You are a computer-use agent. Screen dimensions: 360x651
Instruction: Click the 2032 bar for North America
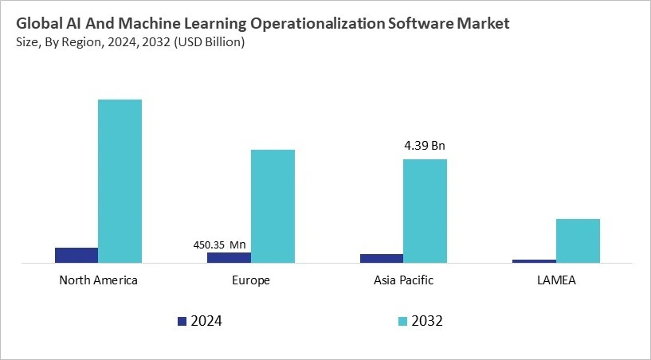tap(120, 181)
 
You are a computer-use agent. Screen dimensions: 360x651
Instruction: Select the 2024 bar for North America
tap(76, 255)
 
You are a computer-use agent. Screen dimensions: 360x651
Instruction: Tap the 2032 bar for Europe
tap(273, 205)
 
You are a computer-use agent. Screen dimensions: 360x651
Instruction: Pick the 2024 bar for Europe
tap(229, 257)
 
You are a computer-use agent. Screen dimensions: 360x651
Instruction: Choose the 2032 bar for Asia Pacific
tap(425, 210)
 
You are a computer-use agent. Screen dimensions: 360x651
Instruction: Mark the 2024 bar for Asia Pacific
tap(382, 258)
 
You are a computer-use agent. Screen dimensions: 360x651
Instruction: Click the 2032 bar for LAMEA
tap(578, 241)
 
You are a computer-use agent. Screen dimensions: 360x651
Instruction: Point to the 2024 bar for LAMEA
tap(534, 260)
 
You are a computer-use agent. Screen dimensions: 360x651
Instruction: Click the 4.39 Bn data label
tap(425, 146)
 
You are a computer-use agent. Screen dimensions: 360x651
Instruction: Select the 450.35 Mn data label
tap(220, 245)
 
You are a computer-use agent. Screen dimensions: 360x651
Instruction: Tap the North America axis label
tap(98, 280)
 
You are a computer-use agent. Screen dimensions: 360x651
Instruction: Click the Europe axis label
tap(251, 280)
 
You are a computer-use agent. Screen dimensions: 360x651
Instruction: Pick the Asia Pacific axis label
tap(403, 280)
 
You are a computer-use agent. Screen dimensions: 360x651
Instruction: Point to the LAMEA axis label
tap(556, 280)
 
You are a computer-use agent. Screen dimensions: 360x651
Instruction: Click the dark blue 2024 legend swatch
tap(182, 321)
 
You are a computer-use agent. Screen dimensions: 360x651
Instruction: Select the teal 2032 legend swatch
tap(402, 321)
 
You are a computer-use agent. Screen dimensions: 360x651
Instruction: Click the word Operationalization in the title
tap(324, 24)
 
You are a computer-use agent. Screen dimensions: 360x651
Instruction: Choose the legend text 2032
tap(428, 321)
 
